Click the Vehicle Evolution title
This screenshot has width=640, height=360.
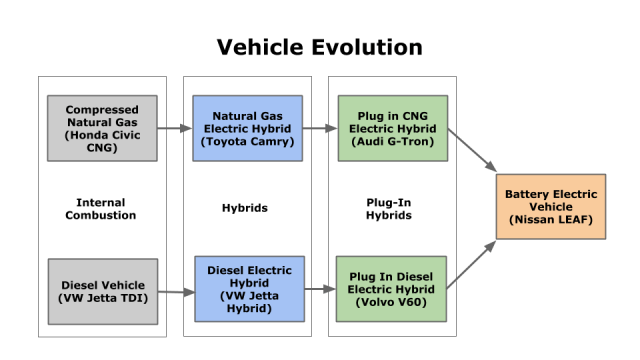click(320, 47)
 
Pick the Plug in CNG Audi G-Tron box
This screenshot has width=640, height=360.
click(393, 128)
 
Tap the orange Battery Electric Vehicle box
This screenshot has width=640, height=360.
click(551, 205)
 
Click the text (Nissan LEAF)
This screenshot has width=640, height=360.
click(551, 219)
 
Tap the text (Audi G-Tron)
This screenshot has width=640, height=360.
click(393, 143)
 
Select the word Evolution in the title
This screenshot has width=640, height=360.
click(369, 47)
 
